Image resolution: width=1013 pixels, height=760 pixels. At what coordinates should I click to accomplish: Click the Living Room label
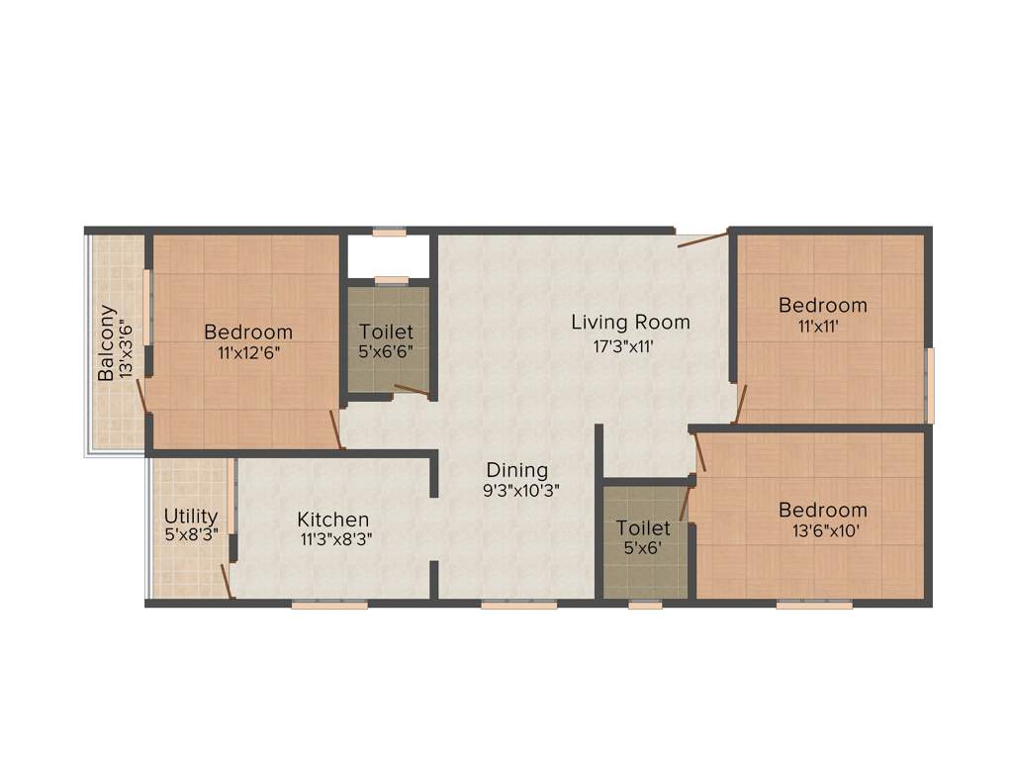tap(630, 323)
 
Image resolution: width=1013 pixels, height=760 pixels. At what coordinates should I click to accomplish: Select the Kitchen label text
tap(333, 520)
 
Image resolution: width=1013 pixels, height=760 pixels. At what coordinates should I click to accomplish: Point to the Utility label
tap(191, 517)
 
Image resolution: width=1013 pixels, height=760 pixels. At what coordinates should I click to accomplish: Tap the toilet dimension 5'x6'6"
tap(386, 351)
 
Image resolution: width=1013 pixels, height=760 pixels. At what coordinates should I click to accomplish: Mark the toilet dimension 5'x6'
tap(643, 547)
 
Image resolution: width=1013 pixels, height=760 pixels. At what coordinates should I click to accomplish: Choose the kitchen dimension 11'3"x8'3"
tap(333, 539)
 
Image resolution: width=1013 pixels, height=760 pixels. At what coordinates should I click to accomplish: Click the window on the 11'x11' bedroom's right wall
tap(929, 386)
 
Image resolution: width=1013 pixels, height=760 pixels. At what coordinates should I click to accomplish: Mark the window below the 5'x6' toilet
tap(645, 604)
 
